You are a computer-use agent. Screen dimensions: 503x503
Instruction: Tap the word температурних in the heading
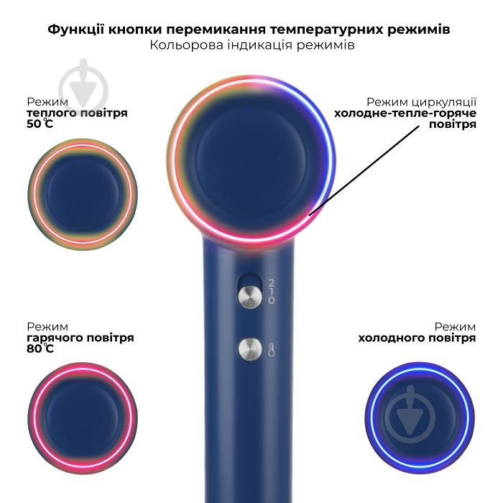tap(327, 29)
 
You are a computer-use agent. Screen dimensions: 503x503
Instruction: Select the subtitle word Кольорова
tap(186, 45)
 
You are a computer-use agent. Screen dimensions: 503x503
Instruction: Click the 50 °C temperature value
tap(40, 124)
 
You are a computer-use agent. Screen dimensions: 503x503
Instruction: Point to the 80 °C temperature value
tap(40, 349)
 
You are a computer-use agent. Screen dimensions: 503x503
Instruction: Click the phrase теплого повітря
tap(77, 113)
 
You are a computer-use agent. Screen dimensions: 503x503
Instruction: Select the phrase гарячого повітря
tap(80, 338)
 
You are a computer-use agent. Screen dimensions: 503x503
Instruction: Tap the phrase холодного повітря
tap(417, 338)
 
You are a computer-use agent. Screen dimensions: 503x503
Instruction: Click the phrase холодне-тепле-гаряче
tap(405, 114)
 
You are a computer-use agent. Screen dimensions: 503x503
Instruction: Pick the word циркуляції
tap(443, 102)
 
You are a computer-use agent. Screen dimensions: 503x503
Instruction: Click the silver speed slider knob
tap(250, 296)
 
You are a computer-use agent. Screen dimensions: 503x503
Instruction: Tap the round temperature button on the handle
tap(250, 349)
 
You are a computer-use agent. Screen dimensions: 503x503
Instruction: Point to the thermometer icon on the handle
tap(271, 350)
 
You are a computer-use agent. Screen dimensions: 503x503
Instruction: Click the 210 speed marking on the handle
tap(272, 292)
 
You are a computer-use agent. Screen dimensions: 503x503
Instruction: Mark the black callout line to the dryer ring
tap(364, 171)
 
